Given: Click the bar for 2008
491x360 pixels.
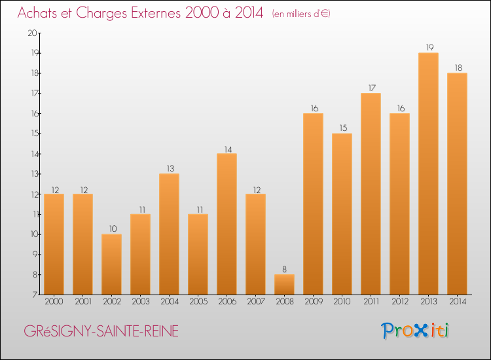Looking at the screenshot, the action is pos(284,285).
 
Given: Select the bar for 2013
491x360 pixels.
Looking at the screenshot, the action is pos(428,173).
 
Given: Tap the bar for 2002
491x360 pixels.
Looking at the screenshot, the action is pos(111,264).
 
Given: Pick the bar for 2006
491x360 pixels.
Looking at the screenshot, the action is pos(227,224).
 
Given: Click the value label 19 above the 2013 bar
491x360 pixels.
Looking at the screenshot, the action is pos(429,47).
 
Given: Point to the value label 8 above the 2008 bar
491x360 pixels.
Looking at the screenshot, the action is pos(284,269).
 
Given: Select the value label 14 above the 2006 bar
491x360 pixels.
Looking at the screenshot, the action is pos(228,150).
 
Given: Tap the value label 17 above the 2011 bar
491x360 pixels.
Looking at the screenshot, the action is pos(372,88).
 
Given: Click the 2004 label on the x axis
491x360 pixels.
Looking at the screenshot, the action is pos(170,302).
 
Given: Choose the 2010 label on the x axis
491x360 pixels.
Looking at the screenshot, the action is pos(342,302).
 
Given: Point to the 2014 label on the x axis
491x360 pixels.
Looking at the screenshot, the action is pos(458,302).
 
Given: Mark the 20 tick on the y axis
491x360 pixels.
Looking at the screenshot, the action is pos(33,33).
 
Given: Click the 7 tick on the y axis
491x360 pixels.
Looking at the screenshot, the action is pos(35,295).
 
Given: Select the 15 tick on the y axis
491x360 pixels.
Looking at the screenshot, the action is pos(35,134).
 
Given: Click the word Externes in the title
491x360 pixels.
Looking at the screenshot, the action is pos(156,13).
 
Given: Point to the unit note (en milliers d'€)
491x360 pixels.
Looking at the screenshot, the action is pos(301,14).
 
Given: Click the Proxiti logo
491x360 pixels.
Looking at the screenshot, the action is pos(415,331).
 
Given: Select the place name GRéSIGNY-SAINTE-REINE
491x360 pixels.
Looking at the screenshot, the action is pos(101,331).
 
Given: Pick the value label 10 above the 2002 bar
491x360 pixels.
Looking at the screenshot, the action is pos(113,229).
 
